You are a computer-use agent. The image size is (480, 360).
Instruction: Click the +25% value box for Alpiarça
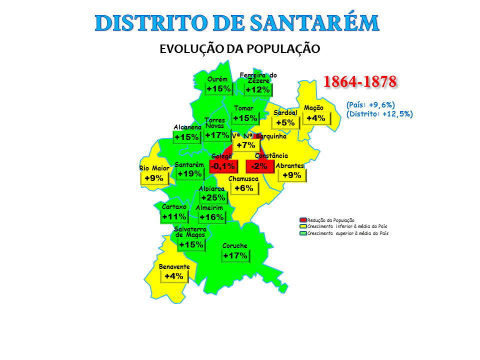pyautogui.click(x=213, y=198)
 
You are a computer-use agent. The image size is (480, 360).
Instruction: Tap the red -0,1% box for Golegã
pyautogui.click(x=222, y=166)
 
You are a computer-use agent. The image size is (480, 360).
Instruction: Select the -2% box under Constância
pyautogui.click(x=259, y=166)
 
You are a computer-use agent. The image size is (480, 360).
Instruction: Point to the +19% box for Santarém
pyautogui.click(x=189, y=173)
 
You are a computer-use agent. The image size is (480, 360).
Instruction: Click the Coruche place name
pyautogui.click(x=235, y=246)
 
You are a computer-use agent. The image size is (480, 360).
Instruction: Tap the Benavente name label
pyautogui.click(x=174, y=267)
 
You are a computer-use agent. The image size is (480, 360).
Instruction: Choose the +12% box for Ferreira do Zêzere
pyautogui.click(x=258, y=89)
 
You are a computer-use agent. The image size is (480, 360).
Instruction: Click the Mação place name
pyautogui.click(x=313, y=108)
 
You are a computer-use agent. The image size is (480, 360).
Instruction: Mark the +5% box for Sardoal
pyautogui.click(x=285, y=122)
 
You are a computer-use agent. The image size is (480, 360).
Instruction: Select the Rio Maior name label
pyautogui.click(x=154, y=168)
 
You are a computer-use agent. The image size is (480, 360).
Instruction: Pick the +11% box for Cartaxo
pyautogui.click(x=174, y=216)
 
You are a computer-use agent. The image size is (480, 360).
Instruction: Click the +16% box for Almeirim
pyautogui.click(x=211, y=217)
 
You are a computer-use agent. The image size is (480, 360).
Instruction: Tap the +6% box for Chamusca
pyautogui.click(x=244, y=188)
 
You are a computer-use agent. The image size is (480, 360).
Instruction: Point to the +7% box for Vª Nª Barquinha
pyautogui.click(x=246, y=145)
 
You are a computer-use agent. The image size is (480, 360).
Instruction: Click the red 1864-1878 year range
pyautogui.click(x=360, y=81)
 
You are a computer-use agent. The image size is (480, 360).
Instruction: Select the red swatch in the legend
pyautogui.click(x=302, y=220)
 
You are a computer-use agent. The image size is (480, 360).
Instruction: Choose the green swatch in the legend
pyautogui.click(x=302, y=233)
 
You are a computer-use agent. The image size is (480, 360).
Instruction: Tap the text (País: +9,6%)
pyautogui.click(x=371, y=105)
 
